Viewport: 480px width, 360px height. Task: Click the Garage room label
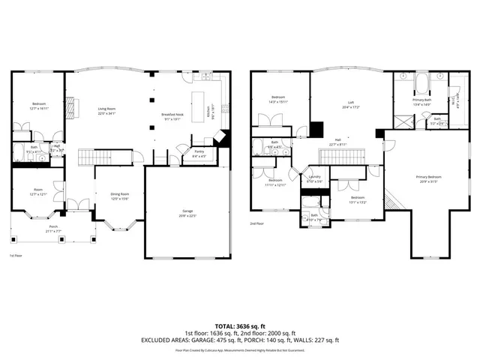tap(187, 213)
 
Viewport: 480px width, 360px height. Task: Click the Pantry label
tap(199, 154)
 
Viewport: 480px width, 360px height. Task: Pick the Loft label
tap(350, 104)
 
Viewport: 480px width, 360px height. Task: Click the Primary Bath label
tap(421, 101)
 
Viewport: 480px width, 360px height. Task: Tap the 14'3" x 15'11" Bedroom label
tap(278, 100)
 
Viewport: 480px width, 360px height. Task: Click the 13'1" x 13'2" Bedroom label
tap(358, 199)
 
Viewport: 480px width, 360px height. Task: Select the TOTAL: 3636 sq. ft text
tap(239, 326)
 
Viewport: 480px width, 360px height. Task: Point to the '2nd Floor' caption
tap(256, 223)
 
